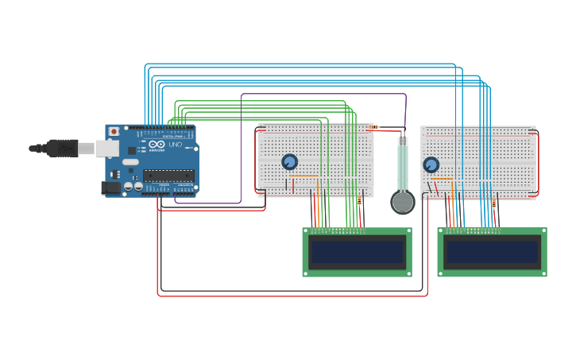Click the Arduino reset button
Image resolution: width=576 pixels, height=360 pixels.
(114, 131)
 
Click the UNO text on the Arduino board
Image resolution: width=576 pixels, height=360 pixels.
(176, 145)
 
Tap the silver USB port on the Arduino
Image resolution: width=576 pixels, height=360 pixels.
(106, 148)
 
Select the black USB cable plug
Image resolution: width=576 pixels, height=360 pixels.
(61, 148)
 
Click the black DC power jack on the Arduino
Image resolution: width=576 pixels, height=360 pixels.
(110, 188)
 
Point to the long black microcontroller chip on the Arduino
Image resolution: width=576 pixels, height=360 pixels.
(168, 176)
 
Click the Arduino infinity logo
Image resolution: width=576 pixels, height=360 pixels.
(157, 145)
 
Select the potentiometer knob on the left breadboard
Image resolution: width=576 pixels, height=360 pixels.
(289, 161)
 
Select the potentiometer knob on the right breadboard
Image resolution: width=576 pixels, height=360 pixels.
(431, 165)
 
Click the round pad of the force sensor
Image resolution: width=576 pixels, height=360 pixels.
(403, 202)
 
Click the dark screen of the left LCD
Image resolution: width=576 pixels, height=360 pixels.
(358, 252)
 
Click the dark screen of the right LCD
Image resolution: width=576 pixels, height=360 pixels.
(493, 252)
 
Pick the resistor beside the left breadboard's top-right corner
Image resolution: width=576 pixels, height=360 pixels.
(373, 127)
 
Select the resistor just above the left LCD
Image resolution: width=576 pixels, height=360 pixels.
(360, 202)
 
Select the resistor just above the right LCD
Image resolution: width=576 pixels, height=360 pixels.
(493, 203)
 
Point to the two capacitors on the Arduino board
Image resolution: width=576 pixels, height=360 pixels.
(133, 186)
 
